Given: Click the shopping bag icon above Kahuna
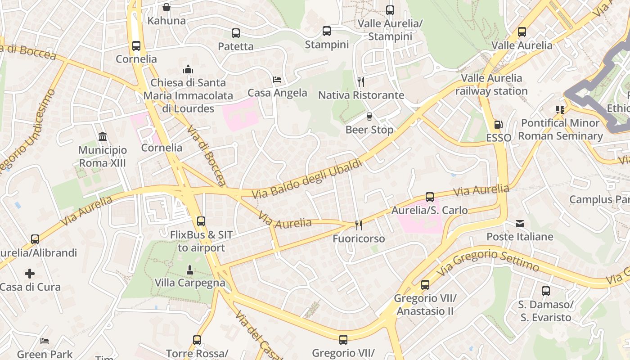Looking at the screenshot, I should (166, 7).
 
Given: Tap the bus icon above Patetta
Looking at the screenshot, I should (236, 33).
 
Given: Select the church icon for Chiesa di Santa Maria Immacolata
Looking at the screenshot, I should (188, 69).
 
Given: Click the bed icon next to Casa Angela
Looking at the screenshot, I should (278, 80).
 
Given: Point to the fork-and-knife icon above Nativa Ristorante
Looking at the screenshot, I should (360, 81).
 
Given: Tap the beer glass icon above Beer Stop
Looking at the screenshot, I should (369, 116).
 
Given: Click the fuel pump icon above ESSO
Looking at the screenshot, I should (498, 124).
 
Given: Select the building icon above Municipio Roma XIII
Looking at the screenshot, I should (103, 136).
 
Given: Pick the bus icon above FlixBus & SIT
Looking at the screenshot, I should (201, 221).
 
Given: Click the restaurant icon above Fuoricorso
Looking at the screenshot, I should (359, 225).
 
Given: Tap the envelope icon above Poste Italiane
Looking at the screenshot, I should (520, 223).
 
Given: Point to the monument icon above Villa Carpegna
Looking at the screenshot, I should (190, 270).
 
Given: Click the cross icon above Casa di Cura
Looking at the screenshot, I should (30, 273).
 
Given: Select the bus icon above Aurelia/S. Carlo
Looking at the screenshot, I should (430, 197).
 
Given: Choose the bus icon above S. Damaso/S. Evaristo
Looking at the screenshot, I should (546, 291).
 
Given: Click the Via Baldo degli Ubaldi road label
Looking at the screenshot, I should (307, 179).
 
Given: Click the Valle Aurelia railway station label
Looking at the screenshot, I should (491, 85).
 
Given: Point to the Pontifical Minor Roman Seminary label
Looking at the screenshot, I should (560, 129).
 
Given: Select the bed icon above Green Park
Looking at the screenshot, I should (45, 341).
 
